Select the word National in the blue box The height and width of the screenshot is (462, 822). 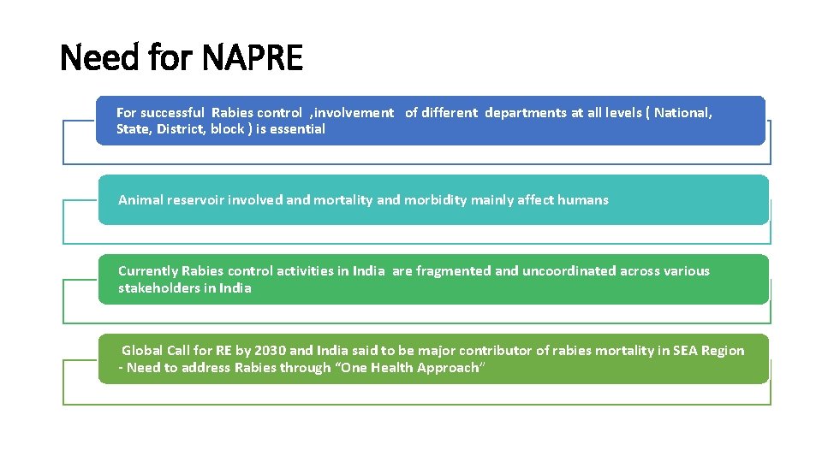pyautogui.click(x=682, y=113)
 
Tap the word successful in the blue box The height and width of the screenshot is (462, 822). pyautogui.click(x=172, y=113)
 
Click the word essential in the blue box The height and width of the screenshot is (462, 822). pyautogui.click(x=298, y=129)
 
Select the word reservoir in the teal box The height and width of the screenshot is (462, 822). pyautogui.click(x=196, y=200)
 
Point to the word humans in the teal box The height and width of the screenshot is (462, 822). pyautogui.click(x=583, y=200)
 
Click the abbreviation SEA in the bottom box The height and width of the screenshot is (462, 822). pyautogui.click(x=686, y=351)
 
